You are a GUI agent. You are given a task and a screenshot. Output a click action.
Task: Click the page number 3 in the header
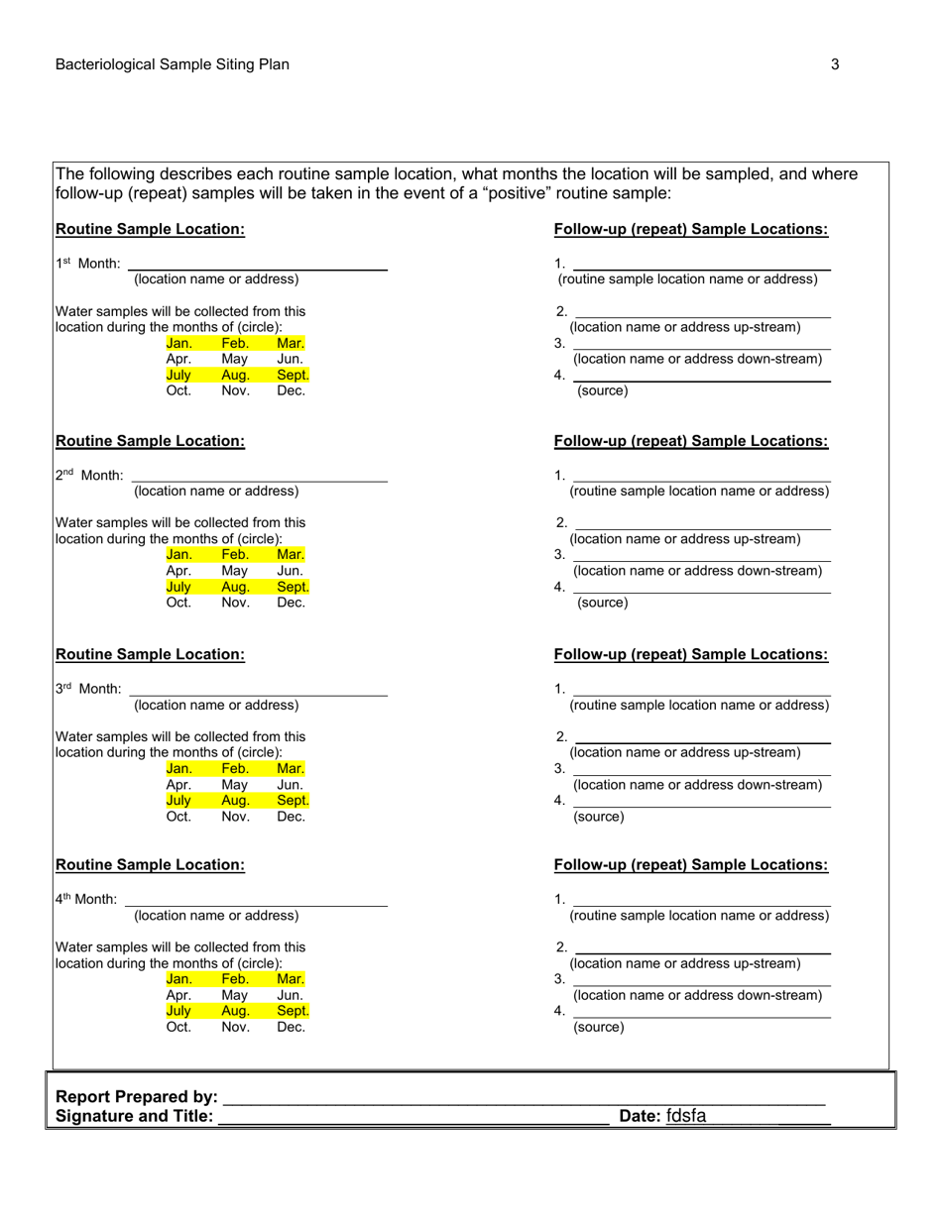835,64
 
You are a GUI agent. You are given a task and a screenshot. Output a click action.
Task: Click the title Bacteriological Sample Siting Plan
173,64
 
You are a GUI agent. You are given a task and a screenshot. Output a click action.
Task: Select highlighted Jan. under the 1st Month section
178,343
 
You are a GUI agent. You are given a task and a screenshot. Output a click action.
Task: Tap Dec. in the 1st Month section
291,390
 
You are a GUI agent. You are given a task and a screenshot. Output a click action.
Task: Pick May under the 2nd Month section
235,571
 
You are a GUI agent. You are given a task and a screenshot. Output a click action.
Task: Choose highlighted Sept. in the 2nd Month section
293,587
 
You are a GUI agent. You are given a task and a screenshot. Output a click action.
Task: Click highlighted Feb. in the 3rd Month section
235,768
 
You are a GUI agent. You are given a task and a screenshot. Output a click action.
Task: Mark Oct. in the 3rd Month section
178,817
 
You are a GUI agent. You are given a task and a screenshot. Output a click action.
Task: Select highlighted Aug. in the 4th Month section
235,1011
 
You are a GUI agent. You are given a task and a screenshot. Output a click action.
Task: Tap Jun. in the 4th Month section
291,995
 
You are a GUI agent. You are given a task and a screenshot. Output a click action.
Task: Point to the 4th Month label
86,899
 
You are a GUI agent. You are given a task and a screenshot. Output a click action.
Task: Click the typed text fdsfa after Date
686,1116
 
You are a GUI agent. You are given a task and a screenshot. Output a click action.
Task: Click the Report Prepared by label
137,1097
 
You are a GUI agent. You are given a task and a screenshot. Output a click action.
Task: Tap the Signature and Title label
135,1116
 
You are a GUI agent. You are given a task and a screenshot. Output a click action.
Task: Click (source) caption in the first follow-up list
602,390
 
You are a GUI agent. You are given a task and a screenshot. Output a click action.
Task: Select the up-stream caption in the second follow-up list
685,539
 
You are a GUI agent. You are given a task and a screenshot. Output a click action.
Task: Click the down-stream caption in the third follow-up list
698,785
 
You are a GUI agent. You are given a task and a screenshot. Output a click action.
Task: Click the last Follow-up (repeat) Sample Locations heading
691,865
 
